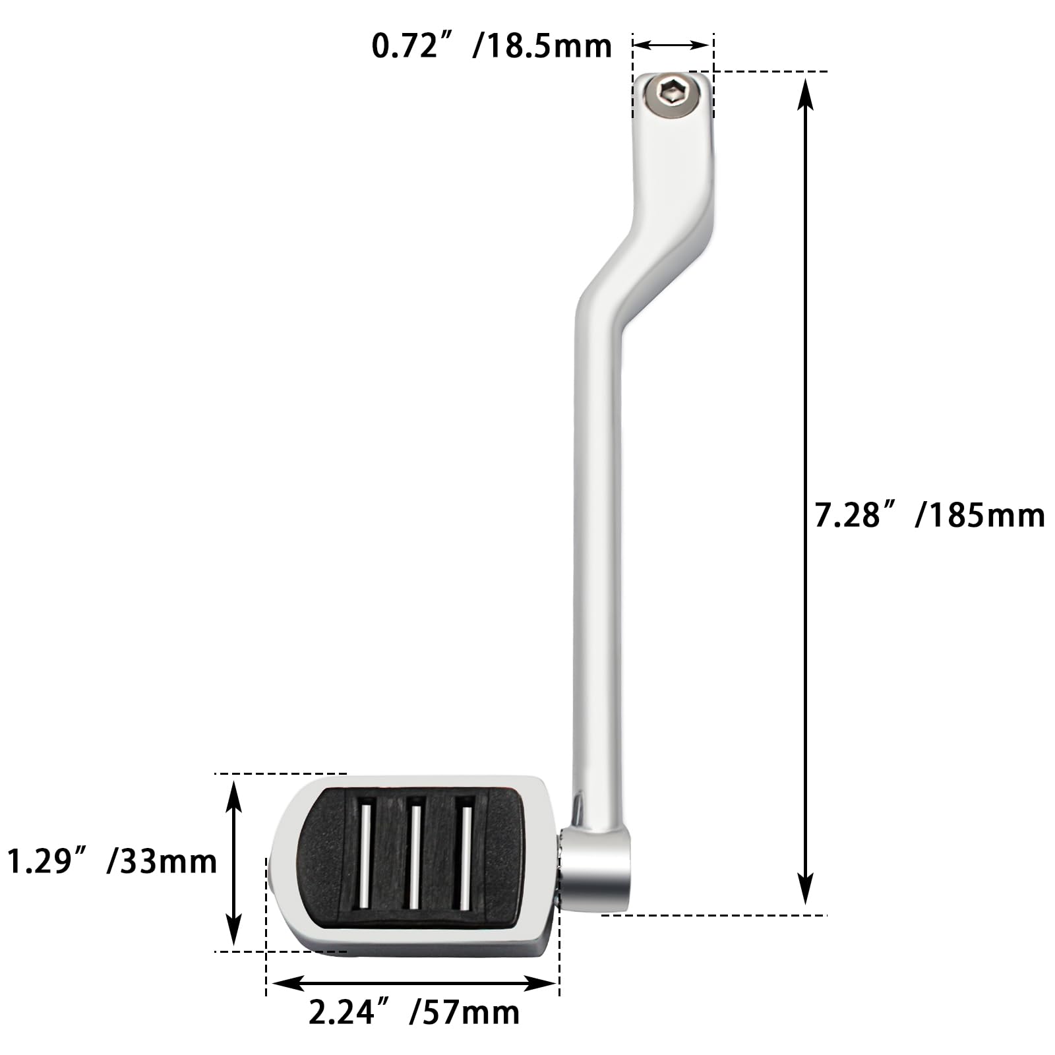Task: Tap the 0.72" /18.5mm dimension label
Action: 492,47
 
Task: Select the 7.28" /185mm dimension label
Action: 930,515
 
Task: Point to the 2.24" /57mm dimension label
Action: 414,1012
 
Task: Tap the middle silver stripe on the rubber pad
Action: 415,855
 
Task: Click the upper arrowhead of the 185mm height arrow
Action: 804,92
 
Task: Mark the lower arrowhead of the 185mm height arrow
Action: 804,890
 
